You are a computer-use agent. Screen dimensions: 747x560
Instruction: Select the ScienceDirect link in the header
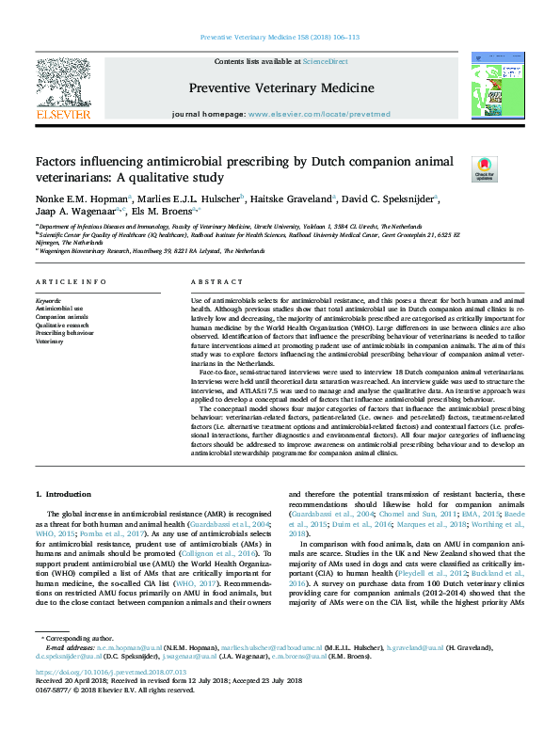[x=325, y=61]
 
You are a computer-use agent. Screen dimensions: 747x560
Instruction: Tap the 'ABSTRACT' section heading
[x=217, y=282]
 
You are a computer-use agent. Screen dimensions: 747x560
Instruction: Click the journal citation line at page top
[x=280, y=38]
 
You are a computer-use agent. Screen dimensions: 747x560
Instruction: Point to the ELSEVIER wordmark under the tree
[x=64, y=114]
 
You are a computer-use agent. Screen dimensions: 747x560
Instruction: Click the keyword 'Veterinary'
[x=50, y=342]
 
